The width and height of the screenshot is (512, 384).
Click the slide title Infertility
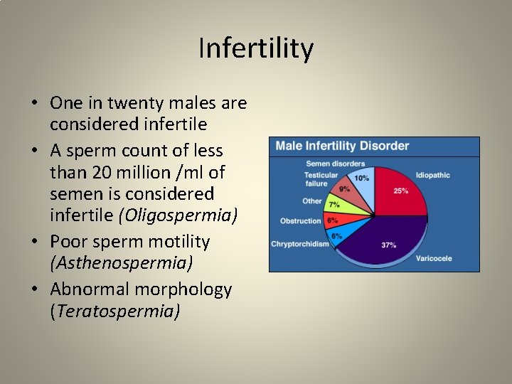(256, 49)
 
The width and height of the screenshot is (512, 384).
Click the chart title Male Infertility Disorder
(342, 146)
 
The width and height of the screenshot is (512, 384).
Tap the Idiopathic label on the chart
(433, 175)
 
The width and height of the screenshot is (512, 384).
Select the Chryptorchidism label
(299, 244)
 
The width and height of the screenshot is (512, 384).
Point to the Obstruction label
(300, 221)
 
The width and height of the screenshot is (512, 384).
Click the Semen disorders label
(335, 164)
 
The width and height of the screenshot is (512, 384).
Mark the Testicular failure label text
(321, 179)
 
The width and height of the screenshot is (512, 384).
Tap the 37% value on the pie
(389, 245)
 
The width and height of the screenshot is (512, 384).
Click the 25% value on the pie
(401, 191)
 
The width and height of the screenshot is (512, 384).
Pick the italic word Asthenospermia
(122, 262)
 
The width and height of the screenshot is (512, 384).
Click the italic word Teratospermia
(114, 311)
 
